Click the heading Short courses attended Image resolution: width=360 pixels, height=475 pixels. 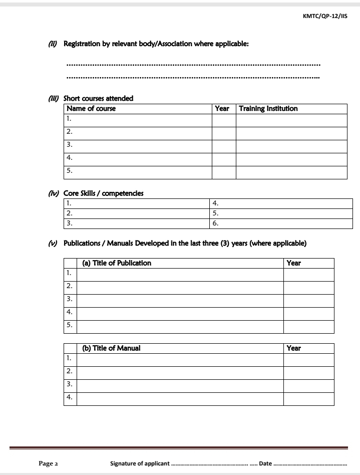[x=98, y=98]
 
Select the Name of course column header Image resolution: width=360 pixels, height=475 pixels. [x=91, y=109]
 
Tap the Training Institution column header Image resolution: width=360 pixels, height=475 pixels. [x=268, y=109]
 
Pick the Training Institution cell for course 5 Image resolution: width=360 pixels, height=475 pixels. [x=291, y=172]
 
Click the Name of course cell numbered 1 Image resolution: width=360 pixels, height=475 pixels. [x=138, y=120]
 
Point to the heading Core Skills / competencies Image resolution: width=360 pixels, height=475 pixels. [x=103, y=193]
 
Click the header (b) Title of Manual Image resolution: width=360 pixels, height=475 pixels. [x=108, y=348]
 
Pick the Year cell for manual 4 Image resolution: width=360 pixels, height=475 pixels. [x=308, y=399]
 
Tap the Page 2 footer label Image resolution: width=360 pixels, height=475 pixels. [x=49, y=463]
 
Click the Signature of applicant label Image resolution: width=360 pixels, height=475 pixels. [x=140, y=463]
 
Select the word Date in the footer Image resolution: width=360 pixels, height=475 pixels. [x=265, y=463]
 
